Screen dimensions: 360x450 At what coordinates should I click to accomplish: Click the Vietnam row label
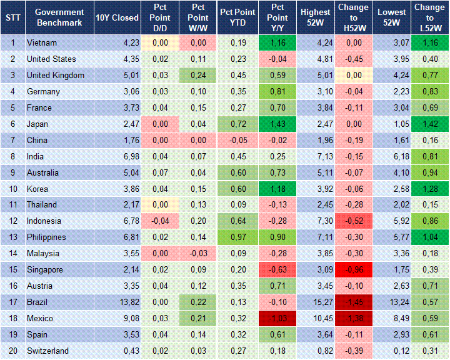42,43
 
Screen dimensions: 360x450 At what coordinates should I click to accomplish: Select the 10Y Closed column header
117,17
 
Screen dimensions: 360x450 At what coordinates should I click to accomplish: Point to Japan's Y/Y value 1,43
277,124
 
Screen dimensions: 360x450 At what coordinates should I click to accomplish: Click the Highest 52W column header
315,17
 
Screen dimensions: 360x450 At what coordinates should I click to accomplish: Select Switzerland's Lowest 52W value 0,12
392,351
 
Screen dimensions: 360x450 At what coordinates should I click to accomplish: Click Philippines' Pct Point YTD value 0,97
237,237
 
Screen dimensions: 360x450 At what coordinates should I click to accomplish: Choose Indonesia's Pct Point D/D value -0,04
159,221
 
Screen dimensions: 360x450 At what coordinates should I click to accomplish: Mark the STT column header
12,17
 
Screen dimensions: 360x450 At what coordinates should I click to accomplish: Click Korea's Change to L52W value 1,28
430,189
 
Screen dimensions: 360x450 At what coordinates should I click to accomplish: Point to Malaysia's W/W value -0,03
197,254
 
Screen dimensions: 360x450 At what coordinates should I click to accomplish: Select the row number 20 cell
12,351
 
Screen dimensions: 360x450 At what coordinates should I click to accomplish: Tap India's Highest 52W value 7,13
315,156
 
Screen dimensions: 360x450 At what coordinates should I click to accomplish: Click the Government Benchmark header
59,17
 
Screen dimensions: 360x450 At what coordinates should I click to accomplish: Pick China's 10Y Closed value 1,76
117,141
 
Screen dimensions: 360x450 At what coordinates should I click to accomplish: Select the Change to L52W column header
430,17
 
